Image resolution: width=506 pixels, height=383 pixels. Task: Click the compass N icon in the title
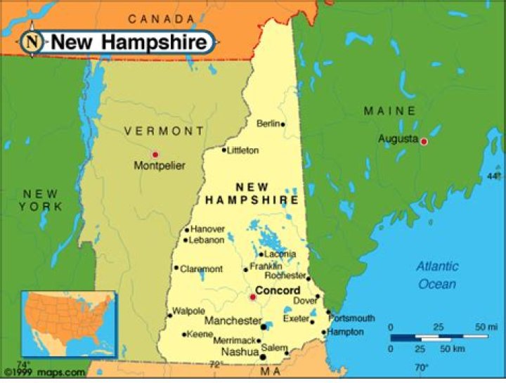coord(32,41)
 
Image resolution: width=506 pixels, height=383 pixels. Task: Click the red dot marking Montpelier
coord(155,154)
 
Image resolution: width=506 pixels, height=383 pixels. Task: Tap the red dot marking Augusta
coord(424,141)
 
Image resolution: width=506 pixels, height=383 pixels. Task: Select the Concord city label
coord(278,290)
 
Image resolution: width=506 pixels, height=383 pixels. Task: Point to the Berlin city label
coord(268,124)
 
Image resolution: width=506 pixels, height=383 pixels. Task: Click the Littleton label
coord(242,150)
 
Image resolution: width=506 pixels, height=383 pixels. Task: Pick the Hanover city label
coord(208,229)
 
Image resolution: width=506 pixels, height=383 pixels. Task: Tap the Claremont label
coord(201,269)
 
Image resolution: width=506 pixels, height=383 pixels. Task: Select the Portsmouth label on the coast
coord(351,318)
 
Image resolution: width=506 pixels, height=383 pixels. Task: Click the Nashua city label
coord(240,351)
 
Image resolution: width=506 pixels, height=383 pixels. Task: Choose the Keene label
coord(200,335)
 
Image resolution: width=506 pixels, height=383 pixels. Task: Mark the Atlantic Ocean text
coord(436,275)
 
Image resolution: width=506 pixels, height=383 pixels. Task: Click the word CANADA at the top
coord(161,18)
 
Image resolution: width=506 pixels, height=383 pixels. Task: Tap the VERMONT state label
coord(164,131)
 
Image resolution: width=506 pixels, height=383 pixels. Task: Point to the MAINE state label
coord(389,111)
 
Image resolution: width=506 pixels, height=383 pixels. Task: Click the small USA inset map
coord(68,324)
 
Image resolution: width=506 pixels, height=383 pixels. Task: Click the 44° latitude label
coord(494,176)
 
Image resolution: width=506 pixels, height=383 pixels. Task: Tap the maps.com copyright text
coord(45,372)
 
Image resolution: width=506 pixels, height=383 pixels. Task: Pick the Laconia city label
coord(280,254)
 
